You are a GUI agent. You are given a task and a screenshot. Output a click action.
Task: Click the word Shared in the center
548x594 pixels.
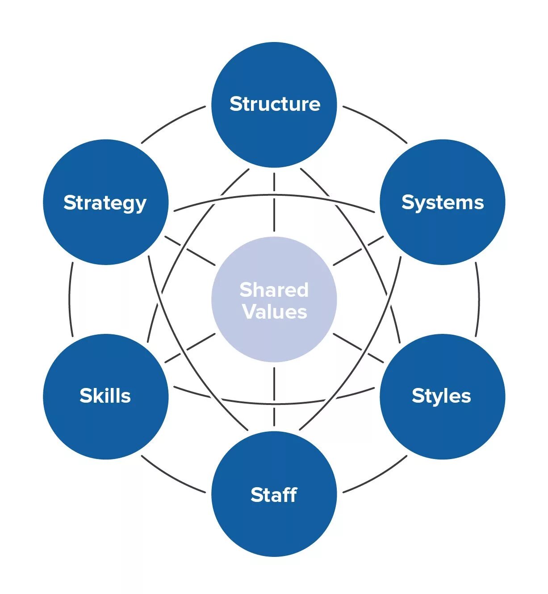(x=274, y=290)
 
